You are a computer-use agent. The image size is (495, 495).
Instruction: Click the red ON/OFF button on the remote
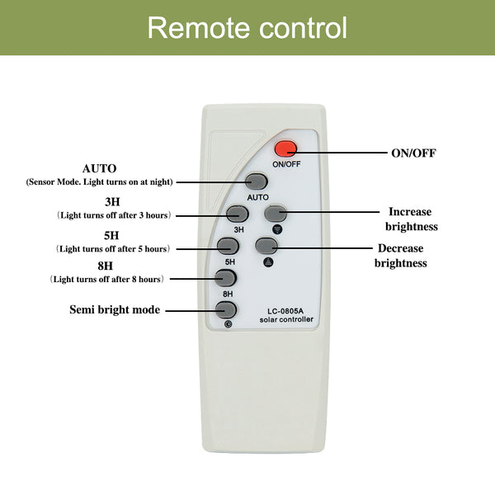tap(285, 149)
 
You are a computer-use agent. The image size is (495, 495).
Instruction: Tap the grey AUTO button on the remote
tap(257, 181)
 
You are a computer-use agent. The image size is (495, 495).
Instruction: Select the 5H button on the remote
tap(228, 245)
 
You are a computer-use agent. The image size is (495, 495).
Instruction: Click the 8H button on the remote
tap(225, 278)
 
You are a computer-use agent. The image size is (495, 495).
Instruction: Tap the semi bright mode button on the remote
tap(225, 310)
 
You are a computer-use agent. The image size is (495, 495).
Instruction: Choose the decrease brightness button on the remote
tap(266, 245)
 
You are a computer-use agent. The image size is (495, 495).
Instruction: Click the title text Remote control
tap(247, 28)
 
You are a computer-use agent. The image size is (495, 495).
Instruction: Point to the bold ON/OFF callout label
tap(412, 153)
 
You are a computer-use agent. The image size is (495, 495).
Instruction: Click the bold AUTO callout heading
tap(99, 167)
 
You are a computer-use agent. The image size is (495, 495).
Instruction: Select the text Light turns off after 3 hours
tap(114, 214)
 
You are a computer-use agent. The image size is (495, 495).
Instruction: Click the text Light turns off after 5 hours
tap(114, 248)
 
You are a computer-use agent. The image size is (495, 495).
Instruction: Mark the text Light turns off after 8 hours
tap(107, 279)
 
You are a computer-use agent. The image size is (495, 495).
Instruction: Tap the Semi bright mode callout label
tap(114, 310)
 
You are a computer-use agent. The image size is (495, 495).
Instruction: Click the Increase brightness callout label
tap(411, 219)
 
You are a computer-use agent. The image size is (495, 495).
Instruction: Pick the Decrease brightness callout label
tap(401, 256)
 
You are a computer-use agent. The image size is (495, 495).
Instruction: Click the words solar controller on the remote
tap(286, 319)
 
